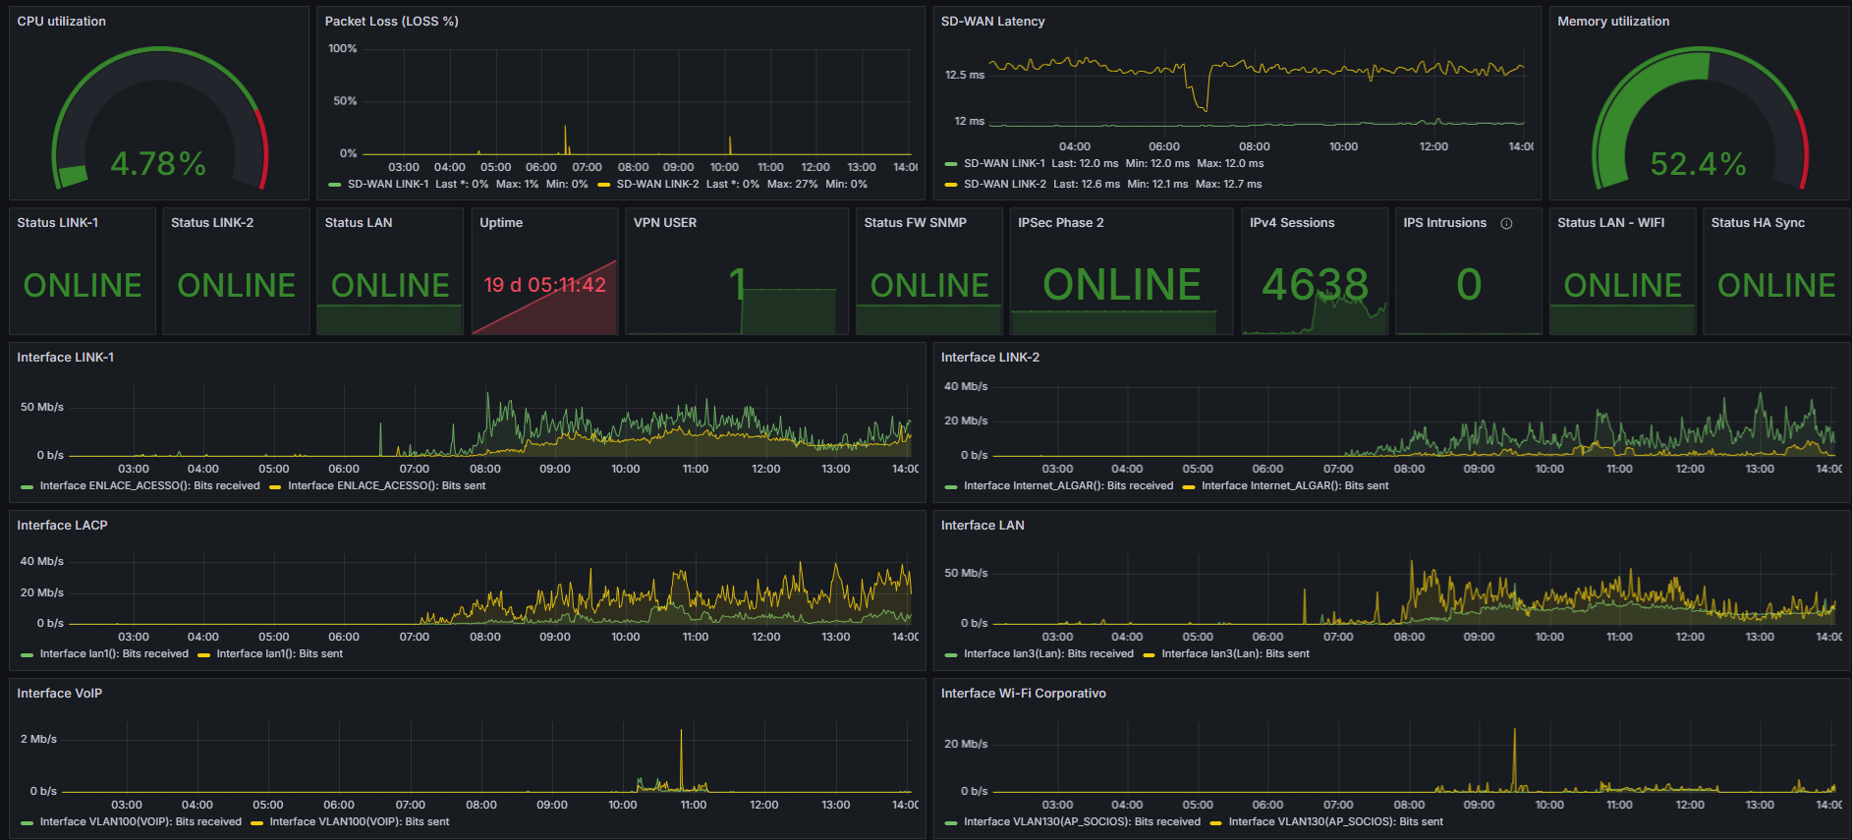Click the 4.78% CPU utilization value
coord(158,163)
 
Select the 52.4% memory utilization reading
coord(1698,163)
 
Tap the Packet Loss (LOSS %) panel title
coord(391,21)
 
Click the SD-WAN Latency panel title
coord(992,21)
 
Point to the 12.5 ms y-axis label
coord(965,75)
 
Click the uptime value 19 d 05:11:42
coord(544,285)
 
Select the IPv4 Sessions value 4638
coord(1315,285)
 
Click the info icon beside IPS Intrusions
coord(1506,223)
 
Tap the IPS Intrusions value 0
coord(1469,285)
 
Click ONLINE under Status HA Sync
coord(1776,285)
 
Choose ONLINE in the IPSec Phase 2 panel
coord(1122,285)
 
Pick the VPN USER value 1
coord(737,285)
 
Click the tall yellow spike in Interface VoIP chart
coord(681,759)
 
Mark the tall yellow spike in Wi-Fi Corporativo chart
coord(1514,759)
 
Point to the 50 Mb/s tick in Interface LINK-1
coord(42,407)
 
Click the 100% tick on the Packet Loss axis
coord(343,48)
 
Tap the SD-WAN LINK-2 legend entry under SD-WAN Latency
coord(1103,184)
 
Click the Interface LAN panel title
coord(982,525)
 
